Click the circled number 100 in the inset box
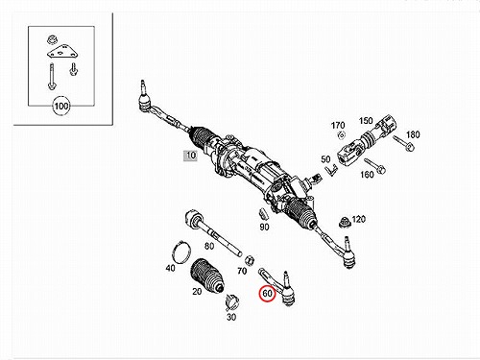(x=61, y=106)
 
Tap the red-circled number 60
(x=267, y=293)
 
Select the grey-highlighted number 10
(x=190, y=156)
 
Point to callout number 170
(x=338, y=126)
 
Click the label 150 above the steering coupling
(x=366, y=121)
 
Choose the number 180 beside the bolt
(x=413, y=134)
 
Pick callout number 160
(x=367, y=175)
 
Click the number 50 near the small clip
(x=325, y=159)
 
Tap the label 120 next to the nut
(x=358, y=219)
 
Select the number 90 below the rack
(x=264, y=227)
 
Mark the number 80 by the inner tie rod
(x=209, y=246)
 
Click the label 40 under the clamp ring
(x=170, y=268)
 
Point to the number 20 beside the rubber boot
(x=197, y=291)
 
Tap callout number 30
(x=231, y=317)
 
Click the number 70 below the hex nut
(x=242, y=271)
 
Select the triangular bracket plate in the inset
(x=63, y=52)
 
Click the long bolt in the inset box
(x=51, y=77)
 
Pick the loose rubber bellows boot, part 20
(x=207, y=276)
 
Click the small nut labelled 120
(x=345, y=222)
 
